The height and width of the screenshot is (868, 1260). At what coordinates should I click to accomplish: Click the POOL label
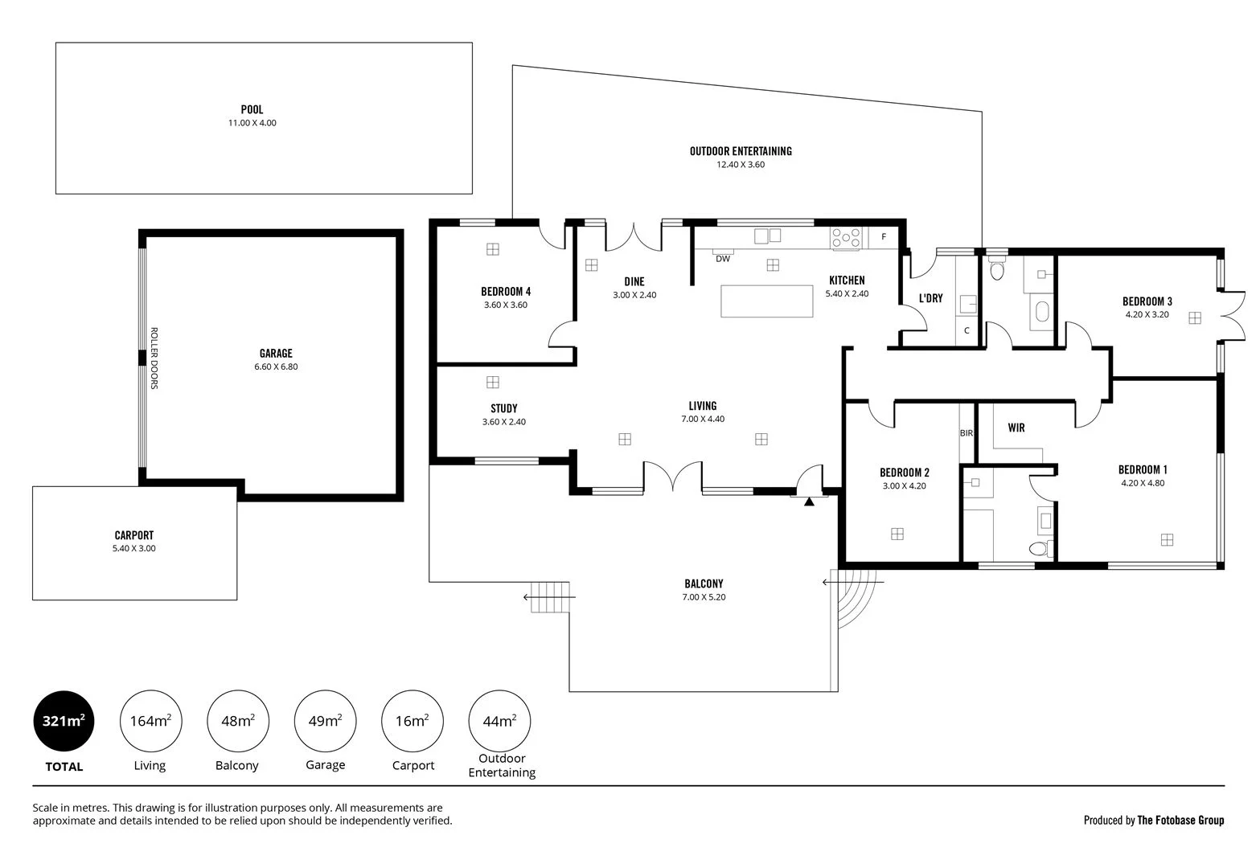pos(252,109)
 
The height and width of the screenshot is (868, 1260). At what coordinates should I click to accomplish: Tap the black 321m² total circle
pos(64,721)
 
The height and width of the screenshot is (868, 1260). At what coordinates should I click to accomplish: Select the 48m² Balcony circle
pos(238,721)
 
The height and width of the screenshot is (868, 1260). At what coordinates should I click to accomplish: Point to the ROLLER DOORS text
pos(154,358)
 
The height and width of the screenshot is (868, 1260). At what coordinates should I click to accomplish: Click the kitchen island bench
pos(767,301)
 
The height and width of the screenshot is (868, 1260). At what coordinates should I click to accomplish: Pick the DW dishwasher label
pos(722,259)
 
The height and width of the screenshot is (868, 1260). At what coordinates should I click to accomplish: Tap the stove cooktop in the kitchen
pos(847,238)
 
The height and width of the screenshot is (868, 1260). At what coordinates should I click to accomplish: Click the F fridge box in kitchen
pos(883,237)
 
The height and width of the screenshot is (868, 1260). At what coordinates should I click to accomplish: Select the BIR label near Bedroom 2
pos(967,433)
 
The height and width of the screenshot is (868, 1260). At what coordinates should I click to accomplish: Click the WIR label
pos(1016,428)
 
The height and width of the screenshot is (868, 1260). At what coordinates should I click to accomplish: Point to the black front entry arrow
pos(809,502)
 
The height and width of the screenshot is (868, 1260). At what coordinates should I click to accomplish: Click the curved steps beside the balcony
pos(852,599)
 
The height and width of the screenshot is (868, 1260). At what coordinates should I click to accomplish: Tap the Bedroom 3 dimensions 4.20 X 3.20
pos(1147,315)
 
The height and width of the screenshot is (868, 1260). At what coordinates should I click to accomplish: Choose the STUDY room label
pos(503,408)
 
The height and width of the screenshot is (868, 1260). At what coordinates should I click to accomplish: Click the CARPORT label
pos(133,535)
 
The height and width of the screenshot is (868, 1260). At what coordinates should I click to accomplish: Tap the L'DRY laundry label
pos(930,298)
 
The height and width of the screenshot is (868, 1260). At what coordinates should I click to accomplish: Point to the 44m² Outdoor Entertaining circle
pos(499,721)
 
